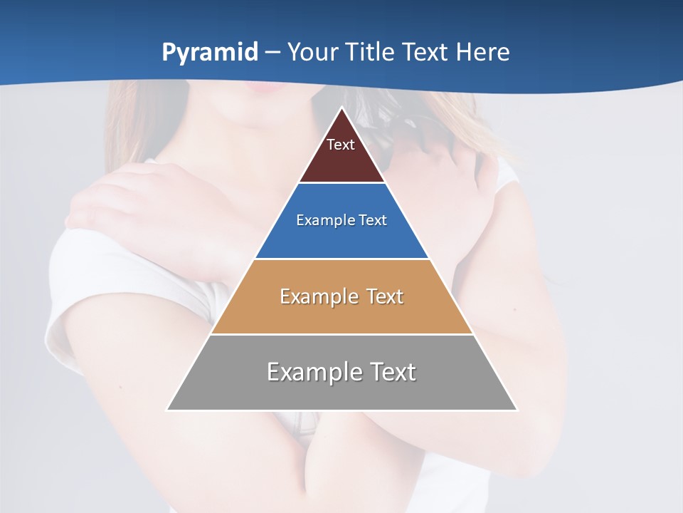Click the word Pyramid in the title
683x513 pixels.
click(210, 53)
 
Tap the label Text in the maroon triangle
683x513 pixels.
click(341, 145)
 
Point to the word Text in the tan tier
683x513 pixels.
click(385, 296)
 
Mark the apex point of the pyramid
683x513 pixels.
click(342, 108)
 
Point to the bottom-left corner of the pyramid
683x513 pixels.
click(166, 410)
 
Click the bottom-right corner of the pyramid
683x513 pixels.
click(517, 410)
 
